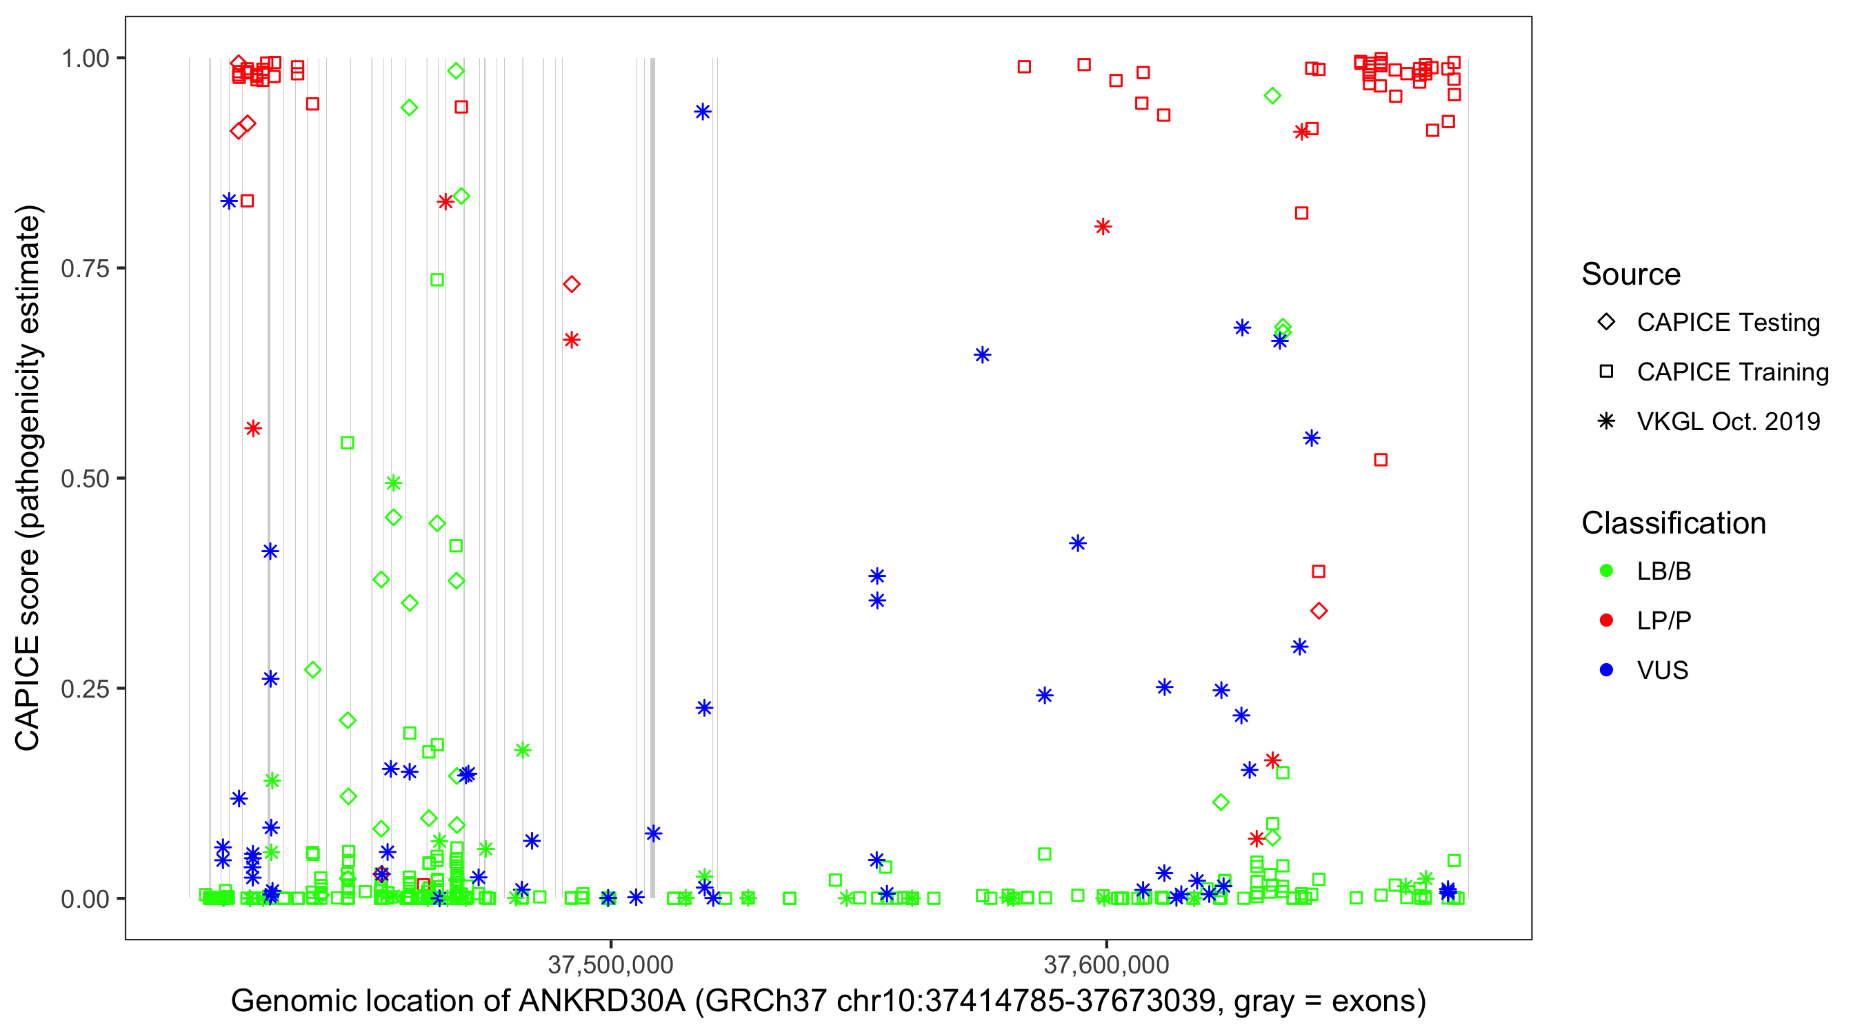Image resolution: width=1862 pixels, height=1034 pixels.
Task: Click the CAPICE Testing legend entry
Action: click(x=1728, y=323)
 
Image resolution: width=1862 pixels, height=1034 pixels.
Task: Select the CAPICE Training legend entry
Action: click(x=1732, y=372)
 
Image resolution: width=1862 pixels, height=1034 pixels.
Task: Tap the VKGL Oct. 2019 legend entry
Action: click(x=1728, y=421)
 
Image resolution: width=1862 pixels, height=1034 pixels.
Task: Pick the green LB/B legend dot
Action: click(x=1606, y=571)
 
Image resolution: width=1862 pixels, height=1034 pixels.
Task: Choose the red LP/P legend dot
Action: click(x=1606, y=620)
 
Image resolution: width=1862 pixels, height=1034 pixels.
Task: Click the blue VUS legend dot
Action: click(x=1606, y=670)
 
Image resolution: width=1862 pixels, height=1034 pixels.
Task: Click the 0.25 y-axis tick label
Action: click(x=85, y=689)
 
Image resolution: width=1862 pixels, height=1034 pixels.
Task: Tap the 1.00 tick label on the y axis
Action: click(x=85, y=58)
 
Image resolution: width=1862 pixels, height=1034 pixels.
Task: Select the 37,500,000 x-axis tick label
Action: click(x=611, y=964)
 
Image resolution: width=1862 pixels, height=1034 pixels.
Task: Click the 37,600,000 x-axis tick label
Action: click(x=1106, y=964)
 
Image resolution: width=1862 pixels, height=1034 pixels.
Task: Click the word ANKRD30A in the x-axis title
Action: click(x=602, y=1002)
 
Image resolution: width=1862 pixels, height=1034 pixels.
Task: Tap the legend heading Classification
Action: click(x=1673, y=523)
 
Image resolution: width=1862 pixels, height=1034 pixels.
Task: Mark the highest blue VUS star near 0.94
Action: click(x=703, y=111)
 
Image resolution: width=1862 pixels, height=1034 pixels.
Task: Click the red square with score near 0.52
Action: click(x=1381, y=460)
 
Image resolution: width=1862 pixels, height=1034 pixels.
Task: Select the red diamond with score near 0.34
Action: click(x=1319, y=611)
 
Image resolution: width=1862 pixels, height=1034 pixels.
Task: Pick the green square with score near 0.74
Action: click(x=437, y=280)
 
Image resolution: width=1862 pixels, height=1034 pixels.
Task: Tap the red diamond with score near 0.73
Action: click(x=572, y=284)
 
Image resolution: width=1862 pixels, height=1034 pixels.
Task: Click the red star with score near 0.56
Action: click(x=252, y=429)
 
